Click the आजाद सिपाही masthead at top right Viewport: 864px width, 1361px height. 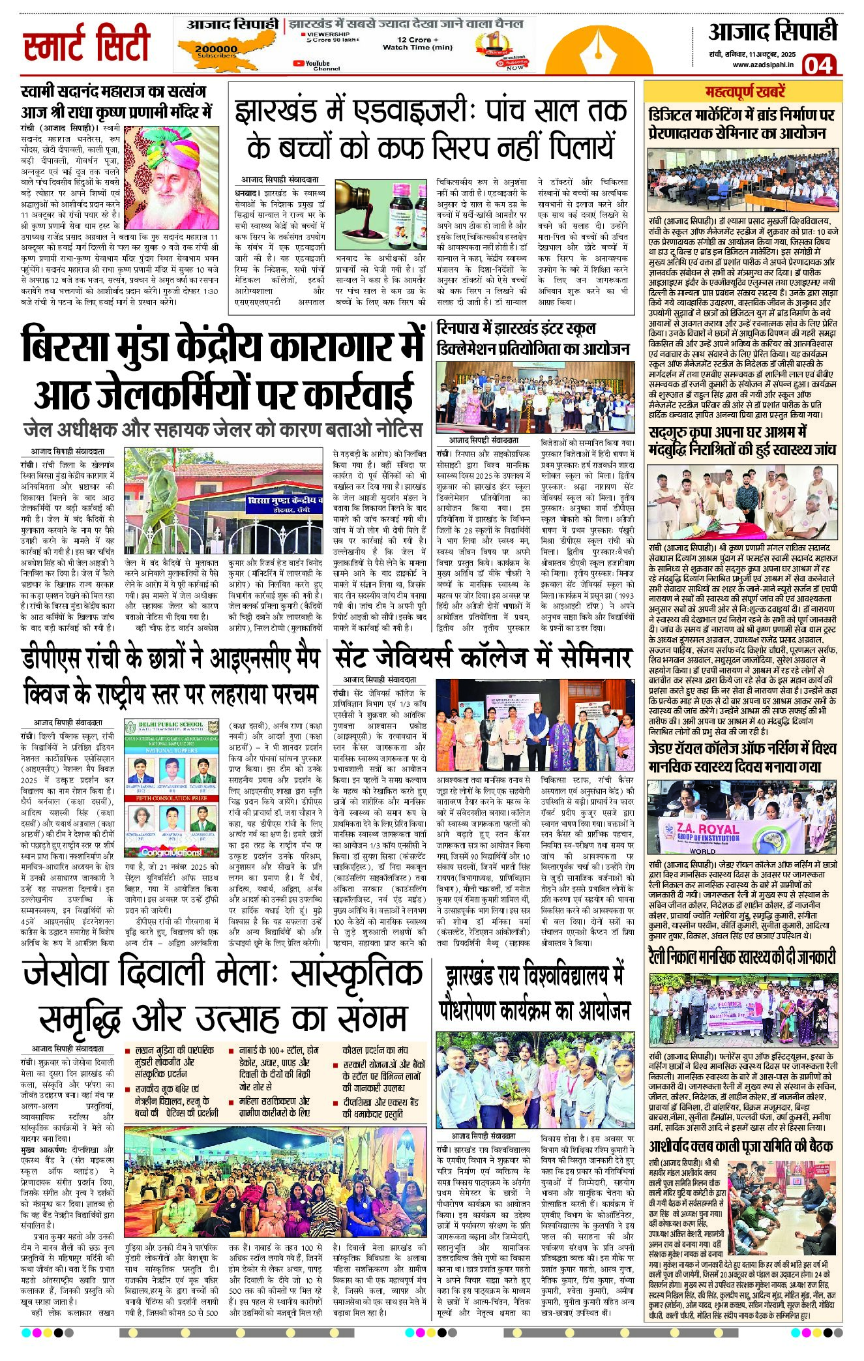click(772, 31)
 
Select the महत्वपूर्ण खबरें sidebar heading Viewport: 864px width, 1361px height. click(745, 92)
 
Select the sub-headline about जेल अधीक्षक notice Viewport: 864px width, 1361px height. click(222, 430)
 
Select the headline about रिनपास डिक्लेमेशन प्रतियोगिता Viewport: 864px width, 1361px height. click(533, 338)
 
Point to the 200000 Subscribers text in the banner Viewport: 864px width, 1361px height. click(216, 51)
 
